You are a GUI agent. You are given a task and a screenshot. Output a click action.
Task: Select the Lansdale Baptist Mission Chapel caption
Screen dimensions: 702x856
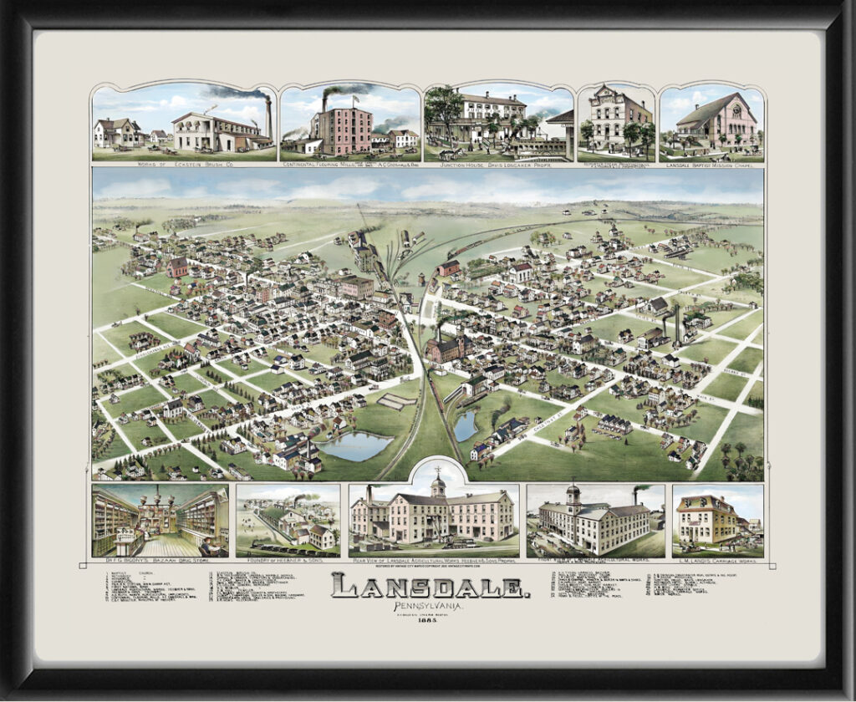tap(711, 165)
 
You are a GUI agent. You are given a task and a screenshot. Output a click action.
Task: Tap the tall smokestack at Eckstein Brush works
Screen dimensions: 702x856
tap(268, 119)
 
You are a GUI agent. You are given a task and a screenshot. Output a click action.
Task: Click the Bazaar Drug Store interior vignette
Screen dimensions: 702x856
tap(160, 521)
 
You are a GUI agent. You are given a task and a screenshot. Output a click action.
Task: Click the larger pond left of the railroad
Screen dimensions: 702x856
tap(355, 445)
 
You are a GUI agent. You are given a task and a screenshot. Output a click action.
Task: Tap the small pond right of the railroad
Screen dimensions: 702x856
tap(465, 425)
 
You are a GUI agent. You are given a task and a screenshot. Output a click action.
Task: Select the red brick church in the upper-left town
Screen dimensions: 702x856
tap(177, 267)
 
